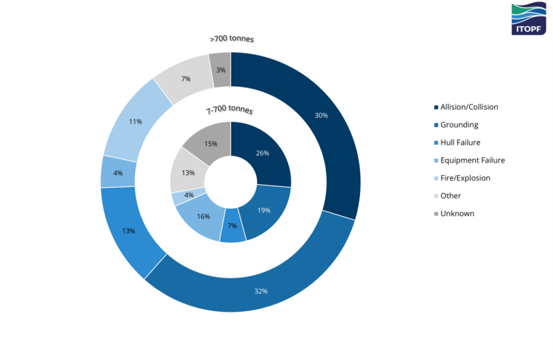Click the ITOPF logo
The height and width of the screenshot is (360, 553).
click(x=528, y=19)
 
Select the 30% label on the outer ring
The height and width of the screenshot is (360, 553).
click(x=321, y=115)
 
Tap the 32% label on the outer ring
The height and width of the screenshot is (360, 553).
click(x=261, y=290)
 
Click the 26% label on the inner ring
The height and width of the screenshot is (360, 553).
click(x=261, y=154)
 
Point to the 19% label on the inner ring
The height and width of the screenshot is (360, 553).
click(x=264, y=210)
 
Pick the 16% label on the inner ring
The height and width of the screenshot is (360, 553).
click(x=202, y=216)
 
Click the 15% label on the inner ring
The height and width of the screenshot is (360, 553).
click(x=210, y=144)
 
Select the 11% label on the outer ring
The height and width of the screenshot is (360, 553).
click(x=135, y=121)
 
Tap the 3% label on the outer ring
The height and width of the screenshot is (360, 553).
click(x=220, y=70)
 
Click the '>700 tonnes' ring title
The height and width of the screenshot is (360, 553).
click(x=231, y=39)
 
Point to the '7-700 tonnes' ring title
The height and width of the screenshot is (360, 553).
click(x=229, y=110)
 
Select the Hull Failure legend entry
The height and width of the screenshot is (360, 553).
click(x=460, y=143)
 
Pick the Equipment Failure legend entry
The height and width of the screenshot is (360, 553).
click(x=472, y=160)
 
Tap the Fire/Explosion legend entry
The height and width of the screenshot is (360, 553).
click(x=465, y=178)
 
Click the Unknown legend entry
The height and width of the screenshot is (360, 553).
click(x=457, y=214)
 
